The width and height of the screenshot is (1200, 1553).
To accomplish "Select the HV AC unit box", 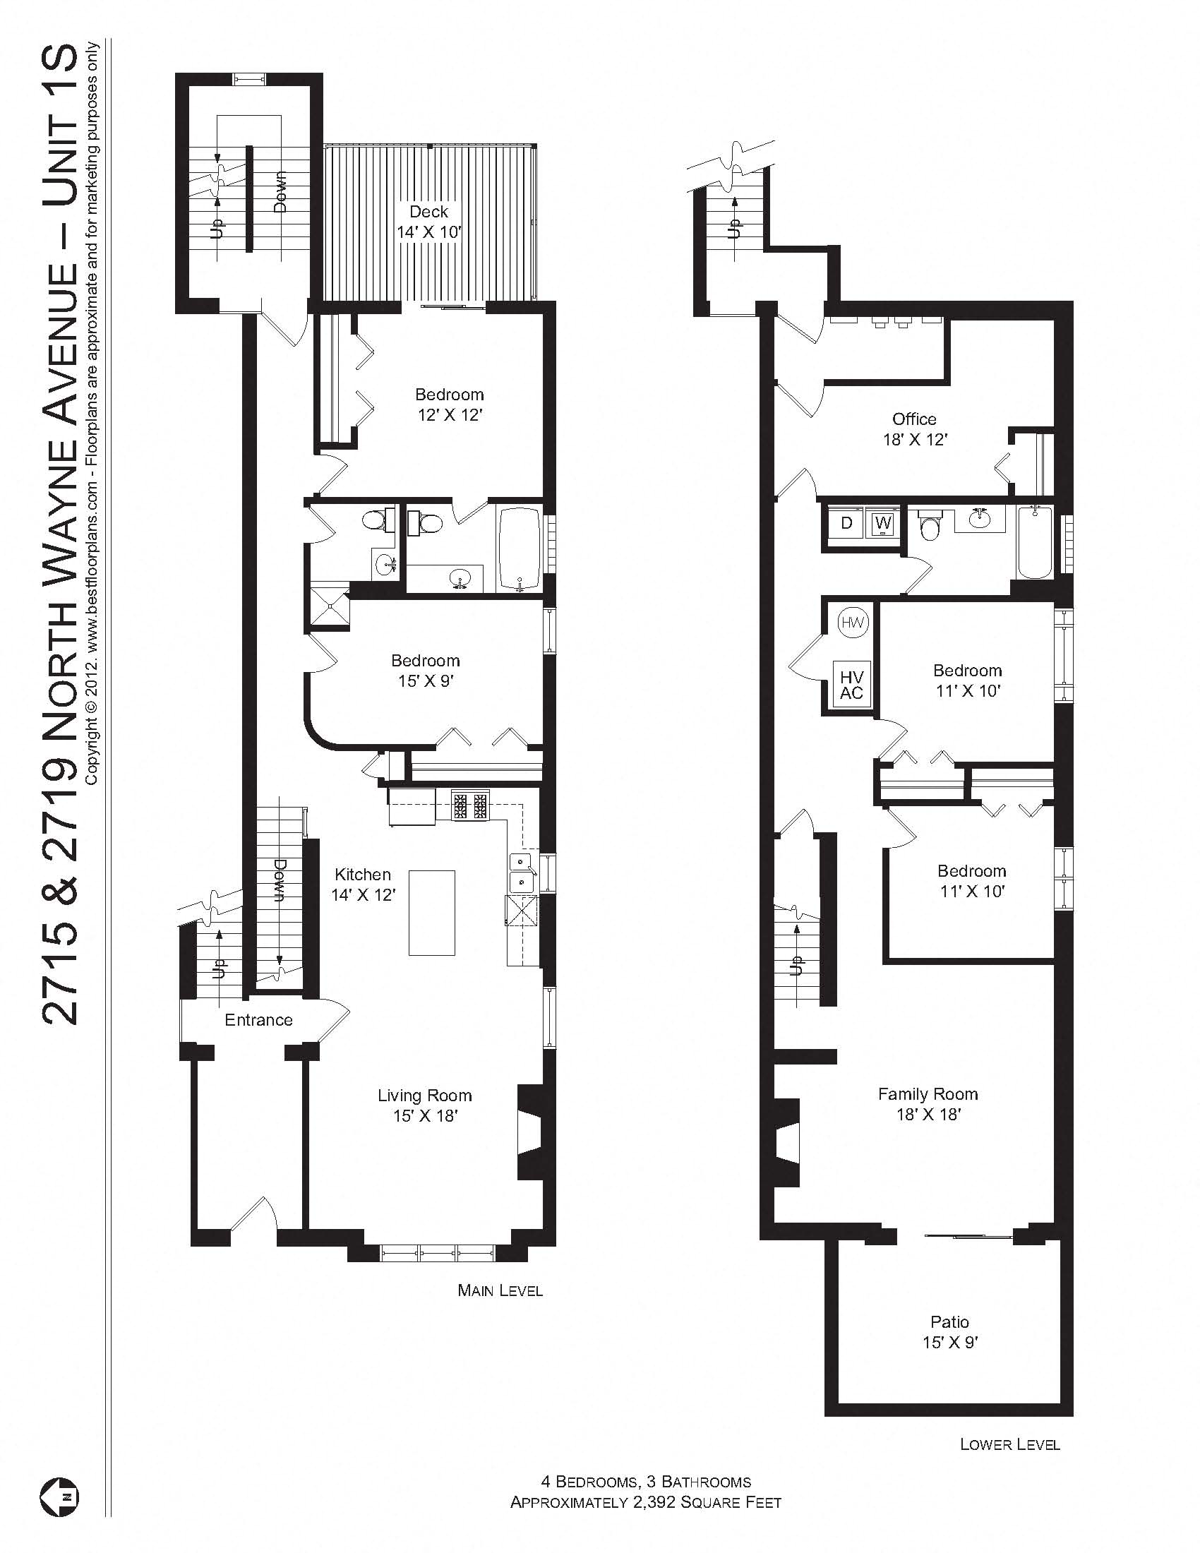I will tap(851, 684).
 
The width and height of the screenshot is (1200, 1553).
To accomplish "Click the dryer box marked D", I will tap(846, 523).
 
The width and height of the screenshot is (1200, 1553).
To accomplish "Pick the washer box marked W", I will tap(883, 523).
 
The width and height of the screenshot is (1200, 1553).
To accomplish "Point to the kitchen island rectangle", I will tap(431, 912).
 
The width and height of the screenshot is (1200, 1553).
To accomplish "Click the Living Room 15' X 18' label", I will tap(424, 1105).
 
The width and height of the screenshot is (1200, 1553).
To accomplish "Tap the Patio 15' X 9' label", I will tap(949, 1332).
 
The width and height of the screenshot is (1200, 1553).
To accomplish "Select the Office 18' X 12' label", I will tap(914, 428).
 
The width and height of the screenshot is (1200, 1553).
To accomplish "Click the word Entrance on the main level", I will tap(258, 1020).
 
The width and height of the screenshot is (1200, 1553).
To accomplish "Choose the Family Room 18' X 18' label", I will tap(928, 1104).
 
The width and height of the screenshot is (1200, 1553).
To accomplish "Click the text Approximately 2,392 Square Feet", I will tap(645, 1502).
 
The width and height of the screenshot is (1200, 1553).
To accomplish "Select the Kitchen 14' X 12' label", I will tap(363, 885).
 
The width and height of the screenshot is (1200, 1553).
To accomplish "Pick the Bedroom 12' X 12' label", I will tap(449, 404).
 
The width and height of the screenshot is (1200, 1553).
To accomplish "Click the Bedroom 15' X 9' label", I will tap(425, 671).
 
